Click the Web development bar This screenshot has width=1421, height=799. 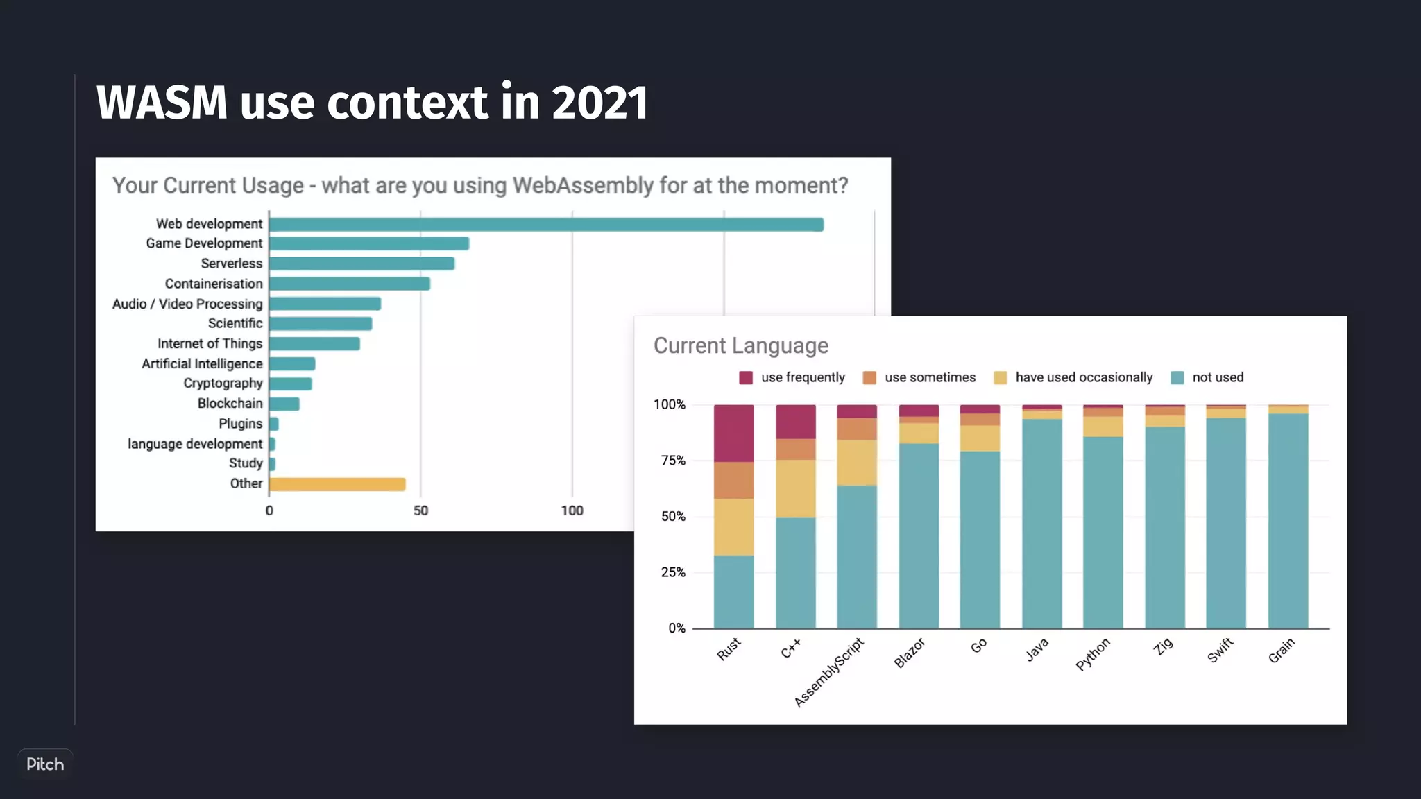coord(546,225)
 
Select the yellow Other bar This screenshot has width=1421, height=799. coord(337,484)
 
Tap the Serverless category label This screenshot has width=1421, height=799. coord(232,264)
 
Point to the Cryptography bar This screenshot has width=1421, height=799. coord(291,384)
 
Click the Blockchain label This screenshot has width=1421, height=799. coord(230,404)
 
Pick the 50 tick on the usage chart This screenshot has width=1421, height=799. coord(420,511)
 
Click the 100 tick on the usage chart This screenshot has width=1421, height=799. coord(572,511)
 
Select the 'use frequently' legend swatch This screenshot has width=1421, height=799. coord(746,378)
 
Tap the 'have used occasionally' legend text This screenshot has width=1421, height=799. coord(1084,378)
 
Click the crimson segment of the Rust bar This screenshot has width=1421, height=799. coord(733,433)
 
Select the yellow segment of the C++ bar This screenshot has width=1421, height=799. coord(795,489)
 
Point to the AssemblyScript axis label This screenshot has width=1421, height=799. coord(829,672)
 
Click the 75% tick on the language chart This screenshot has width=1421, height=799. coord(673,461)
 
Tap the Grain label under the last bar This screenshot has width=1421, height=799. coord(1281,651)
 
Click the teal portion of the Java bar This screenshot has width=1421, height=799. coord(1041,524)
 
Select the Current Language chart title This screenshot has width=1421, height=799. coord(740,345)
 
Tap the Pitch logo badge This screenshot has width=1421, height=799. coord(45,764)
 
